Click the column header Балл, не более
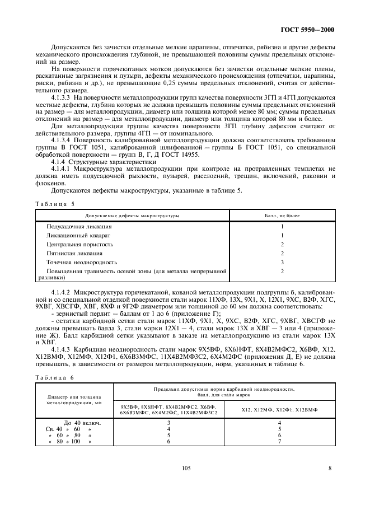(282, 215)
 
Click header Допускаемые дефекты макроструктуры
(132, 215)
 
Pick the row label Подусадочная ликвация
(79, 227)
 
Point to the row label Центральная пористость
(79, 245)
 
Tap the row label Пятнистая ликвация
(74, 254)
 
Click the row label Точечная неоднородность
(82, 263)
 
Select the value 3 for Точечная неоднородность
(282, 263)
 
